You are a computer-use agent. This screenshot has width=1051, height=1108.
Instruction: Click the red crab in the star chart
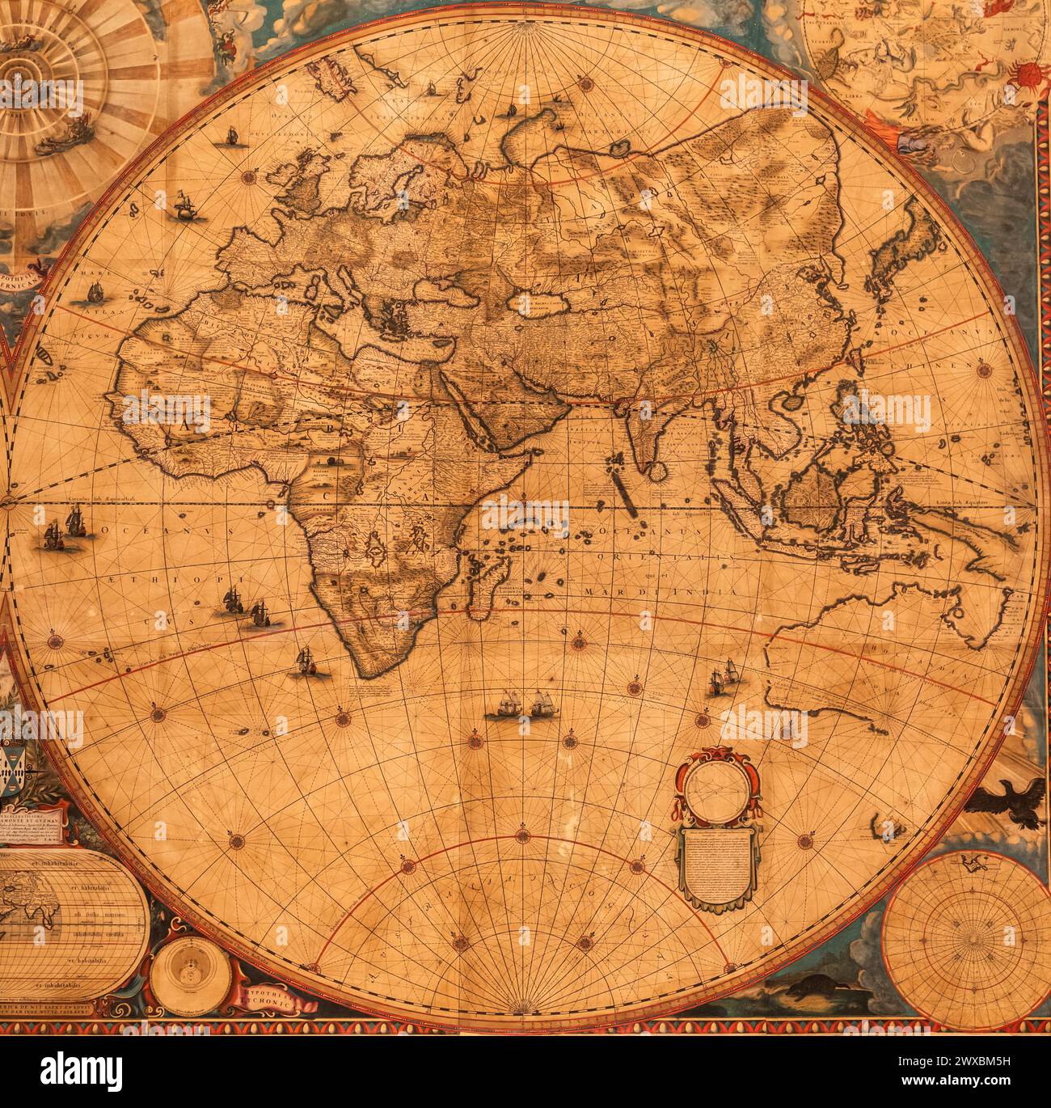click(x=1028, y=75)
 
